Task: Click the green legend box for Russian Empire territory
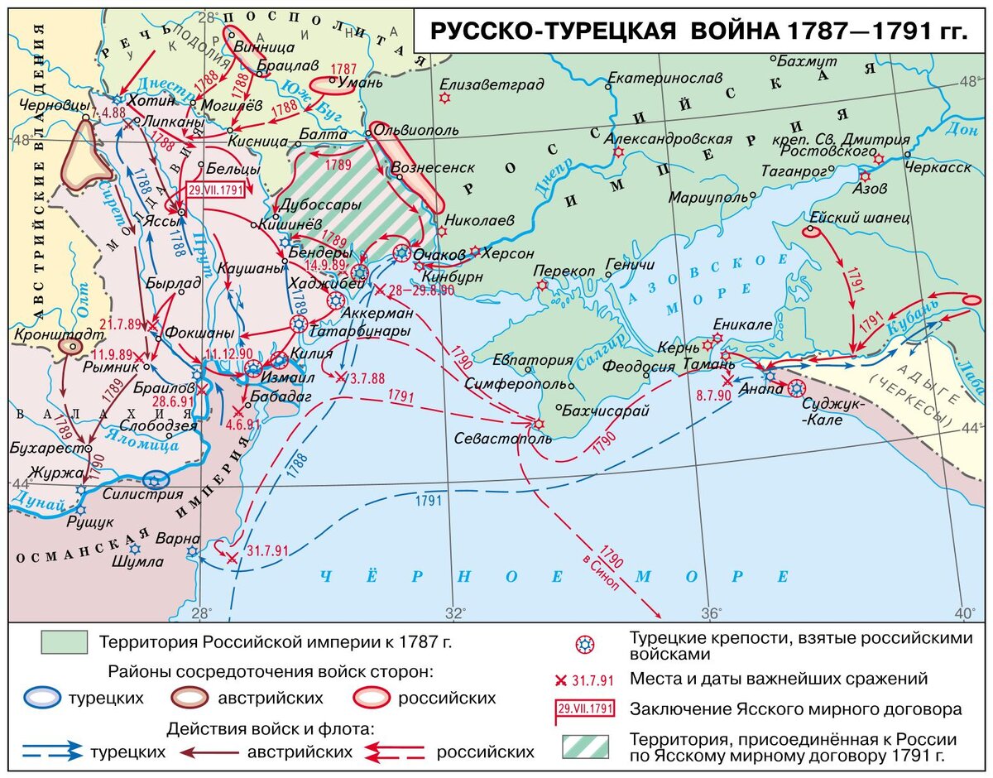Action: click(x=65, y=641)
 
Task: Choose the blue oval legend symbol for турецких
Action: click(x=41, y=698)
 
